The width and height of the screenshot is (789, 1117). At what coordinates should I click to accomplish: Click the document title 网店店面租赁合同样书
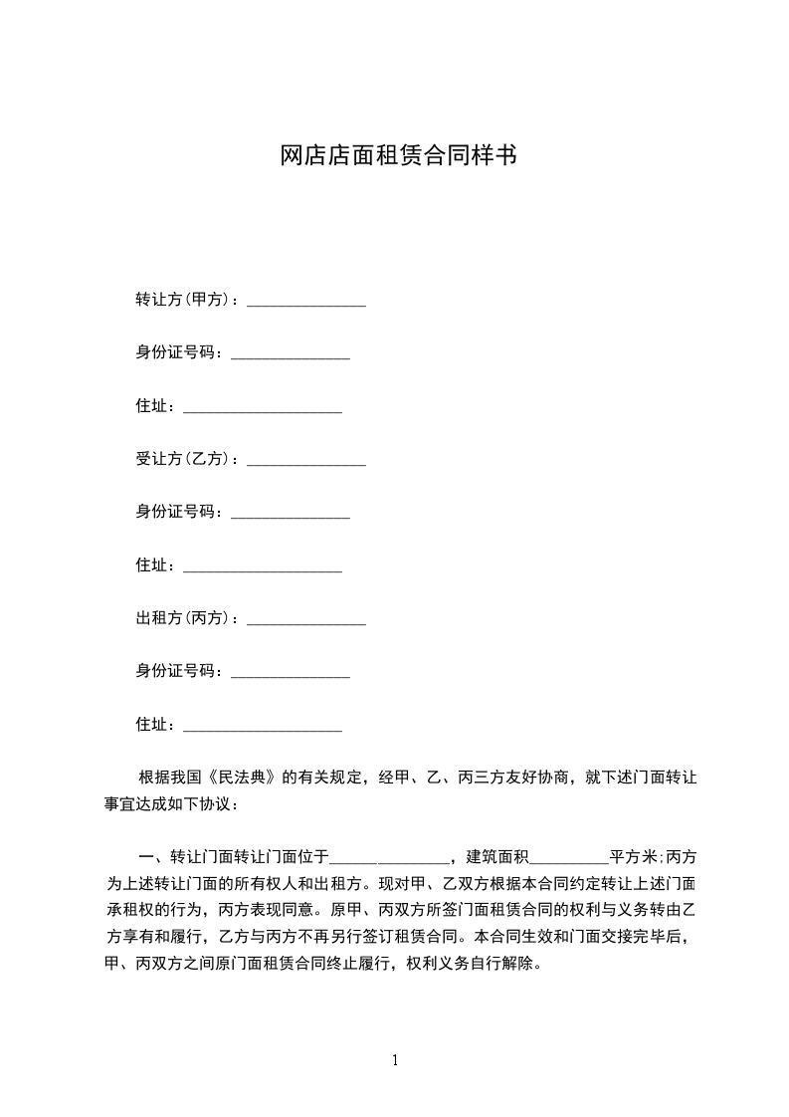pos(398,156)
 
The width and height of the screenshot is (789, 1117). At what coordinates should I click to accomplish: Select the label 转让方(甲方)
pos(185,300)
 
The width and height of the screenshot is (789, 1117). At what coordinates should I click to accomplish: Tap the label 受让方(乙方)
pos(185,460)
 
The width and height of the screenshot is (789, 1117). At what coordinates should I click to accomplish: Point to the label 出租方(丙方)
pos(185,619)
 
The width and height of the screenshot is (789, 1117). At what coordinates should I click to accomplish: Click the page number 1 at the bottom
pos(395,1059)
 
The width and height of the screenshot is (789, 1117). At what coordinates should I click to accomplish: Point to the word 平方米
pos(632,856)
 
